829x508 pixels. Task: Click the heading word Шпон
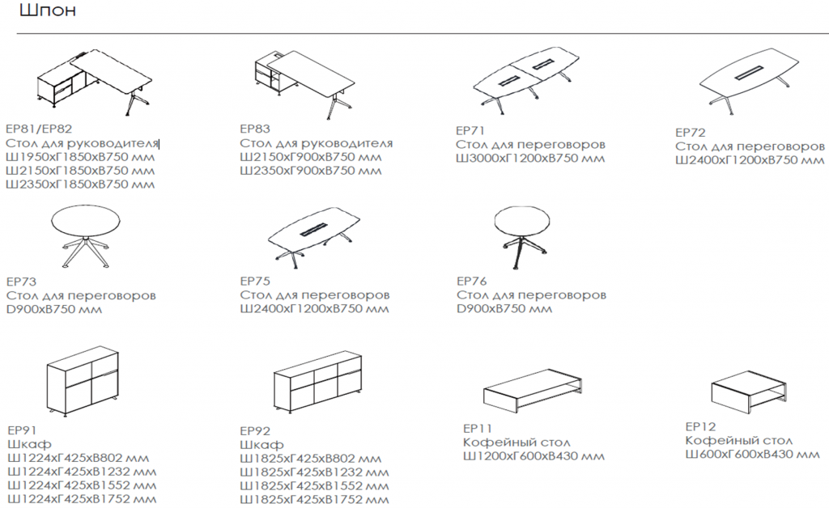(48, 11)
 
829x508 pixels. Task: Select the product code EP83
(255, 129)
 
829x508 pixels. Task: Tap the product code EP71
(470, 130)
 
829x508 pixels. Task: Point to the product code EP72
(691, 133)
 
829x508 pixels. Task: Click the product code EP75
(255, 281)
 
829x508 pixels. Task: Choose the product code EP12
(700, 426)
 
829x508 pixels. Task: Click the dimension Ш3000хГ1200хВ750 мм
(530, 159)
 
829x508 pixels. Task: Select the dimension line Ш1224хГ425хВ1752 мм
(82, 499)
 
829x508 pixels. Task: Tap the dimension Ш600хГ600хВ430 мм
(753, 454)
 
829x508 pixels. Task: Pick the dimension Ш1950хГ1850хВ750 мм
(80, 157)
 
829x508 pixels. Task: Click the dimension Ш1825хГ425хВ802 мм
(311, 459)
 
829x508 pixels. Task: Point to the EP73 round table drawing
(86, 236)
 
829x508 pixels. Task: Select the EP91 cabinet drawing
(83, 381)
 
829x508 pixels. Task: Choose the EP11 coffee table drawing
(533, 392)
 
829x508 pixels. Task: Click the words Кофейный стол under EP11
(517, 442)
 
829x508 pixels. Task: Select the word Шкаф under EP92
(261, 445)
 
